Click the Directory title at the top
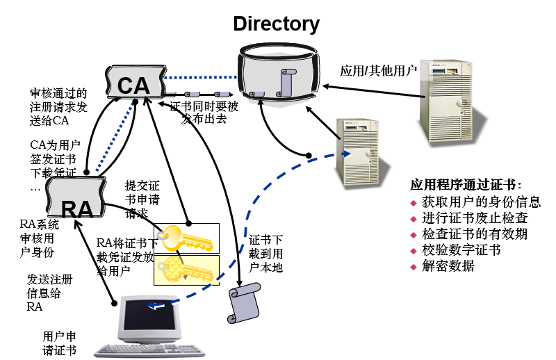276,24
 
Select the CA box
133,84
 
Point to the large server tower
449,106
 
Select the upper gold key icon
186,238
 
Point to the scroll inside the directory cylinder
286,83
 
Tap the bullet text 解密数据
448,266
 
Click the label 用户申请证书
59,342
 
